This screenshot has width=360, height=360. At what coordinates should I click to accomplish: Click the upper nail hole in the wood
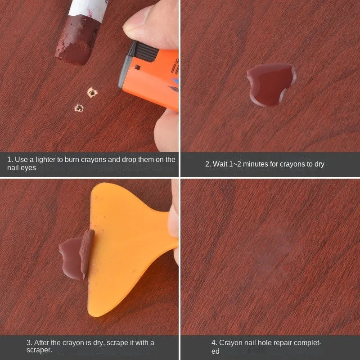[92, 93]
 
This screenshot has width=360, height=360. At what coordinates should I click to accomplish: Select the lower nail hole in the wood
[79, 108]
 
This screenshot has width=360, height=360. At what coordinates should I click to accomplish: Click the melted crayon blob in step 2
[271, 85]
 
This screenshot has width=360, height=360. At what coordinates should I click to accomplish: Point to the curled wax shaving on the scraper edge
[87, 252]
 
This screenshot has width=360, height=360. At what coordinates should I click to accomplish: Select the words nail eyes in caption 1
[22, 168]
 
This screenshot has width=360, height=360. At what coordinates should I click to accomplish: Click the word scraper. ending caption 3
[39, 350]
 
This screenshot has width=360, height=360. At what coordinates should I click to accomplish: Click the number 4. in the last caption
[214, 343]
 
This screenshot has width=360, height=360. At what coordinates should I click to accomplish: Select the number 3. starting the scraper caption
[29, 343]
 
